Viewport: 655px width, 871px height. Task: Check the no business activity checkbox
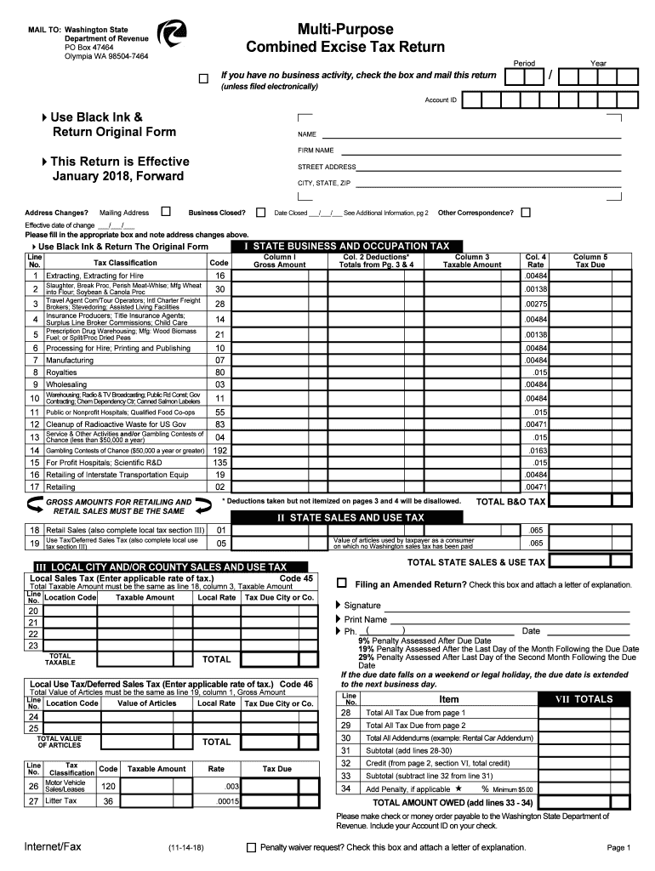[x=202, y=79]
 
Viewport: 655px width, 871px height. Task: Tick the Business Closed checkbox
[x=259, y=212]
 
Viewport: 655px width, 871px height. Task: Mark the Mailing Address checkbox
[x=166, y=212]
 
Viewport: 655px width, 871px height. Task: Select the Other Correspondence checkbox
[x=526, y=212]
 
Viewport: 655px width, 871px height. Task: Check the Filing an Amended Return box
[x=342, y=584]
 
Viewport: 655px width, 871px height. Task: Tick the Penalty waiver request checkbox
[x=250, y=847]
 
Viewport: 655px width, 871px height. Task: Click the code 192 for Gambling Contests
[x=219, y=450]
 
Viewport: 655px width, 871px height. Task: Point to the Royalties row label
[x=61, y=372]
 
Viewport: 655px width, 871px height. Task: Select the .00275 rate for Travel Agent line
[x=536, y=304]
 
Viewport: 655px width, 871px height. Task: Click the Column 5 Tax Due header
[x=590, y=260]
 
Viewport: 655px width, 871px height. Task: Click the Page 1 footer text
[x=618, y=848]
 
